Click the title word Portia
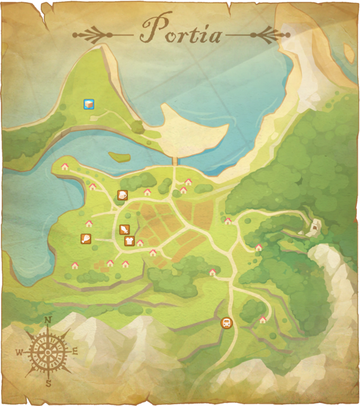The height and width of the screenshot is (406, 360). [x=180, y=31]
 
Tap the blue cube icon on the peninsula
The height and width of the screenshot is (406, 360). [x=89, y=105]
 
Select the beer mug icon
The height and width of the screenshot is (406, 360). [x=122, y=195]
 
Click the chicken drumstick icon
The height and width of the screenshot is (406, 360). [x=86, y=238]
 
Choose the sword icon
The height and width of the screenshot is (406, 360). [x=124, y=229]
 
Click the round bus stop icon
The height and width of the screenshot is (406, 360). [x=226, y=323]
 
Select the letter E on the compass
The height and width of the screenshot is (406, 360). [x=75, y=351]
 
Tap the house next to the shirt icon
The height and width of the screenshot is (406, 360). [x=140, y=243]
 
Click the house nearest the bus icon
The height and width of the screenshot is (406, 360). [x=262, y=320]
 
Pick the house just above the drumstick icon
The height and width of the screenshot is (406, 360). [x=89, y=223]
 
